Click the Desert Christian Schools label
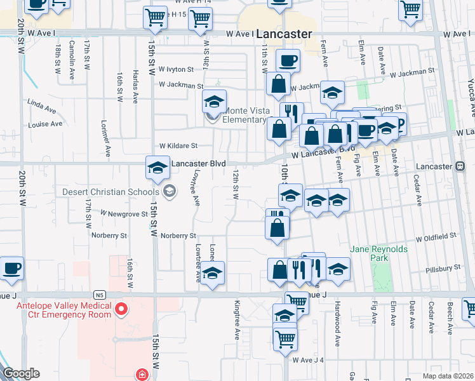click(x=110, y=192)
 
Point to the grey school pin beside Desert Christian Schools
click(x=169, y=190)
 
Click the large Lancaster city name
click(x=285, y=34)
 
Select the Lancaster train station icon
click(x=460, y=166)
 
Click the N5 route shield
click(x=98, y=295)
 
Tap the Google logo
click(x=21, y=373)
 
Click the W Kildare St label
click(x=178, y=145)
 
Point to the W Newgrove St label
click(x=124, y=214)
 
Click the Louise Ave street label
click(x=45, y=124)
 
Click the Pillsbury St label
click(x=443, y=269)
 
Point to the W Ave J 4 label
click(x=309, y=360)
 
